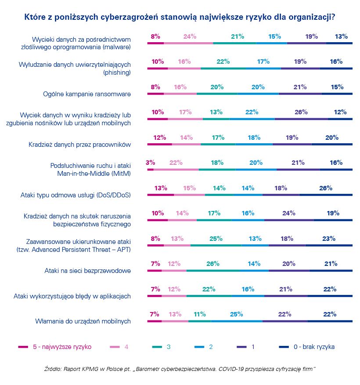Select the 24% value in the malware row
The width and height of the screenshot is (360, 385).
[190, 37]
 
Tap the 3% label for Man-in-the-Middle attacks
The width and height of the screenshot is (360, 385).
[150, 163]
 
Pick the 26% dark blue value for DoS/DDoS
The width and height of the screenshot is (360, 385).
[326, 188]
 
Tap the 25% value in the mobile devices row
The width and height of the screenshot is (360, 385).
[236, 314]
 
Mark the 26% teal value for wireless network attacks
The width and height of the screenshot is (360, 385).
[212, 264]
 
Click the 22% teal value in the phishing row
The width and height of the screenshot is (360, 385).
[223, 62]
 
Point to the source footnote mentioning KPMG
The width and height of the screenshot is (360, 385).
[180, 367]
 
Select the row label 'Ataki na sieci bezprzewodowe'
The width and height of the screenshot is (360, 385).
[88, 270]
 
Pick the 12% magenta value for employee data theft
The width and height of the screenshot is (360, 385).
[159, 138]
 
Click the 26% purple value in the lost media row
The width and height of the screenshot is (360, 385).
[301, 112]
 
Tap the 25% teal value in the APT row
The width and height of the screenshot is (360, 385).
[216, 239]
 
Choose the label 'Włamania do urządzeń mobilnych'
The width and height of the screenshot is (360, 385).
[83, 321]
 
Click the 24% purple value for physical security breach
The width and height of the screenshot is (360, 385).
[289, 213]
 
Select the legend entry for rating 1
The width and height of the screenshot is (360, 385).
[253, 347]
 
